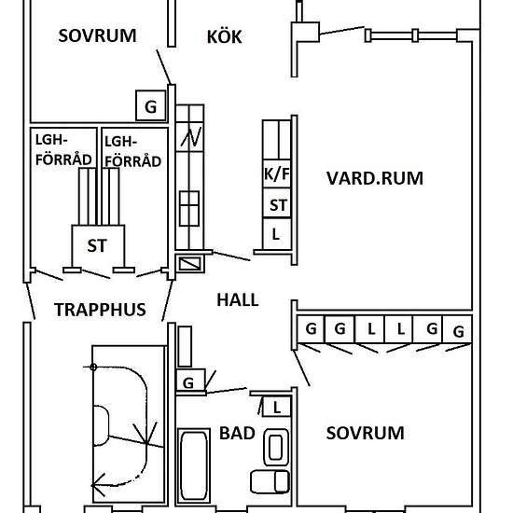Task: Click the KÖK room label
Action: point(224,37)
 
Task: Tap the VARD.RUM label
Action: point(375,177)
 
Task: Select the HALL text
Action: point(237,299)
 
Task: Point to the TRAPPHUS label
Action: point(100,310)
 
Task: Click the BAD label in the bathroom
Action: point(237,433)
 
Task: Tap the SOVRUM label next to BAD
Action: point(366,433)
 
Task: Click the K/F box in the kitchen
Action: point(276,173)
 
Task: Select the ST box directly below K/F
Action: point(277,204)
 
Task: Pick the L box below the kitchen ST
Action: point(276,233)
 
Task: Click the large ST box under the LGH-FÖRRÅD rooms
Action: point(96,247)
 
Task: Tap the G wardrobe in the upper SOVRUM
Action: point(150,105)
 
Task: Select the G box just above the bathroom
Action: point(189,382)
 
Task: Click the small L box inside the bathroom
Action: point(276,406)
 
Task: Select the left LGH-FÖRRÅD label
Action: point(63,151)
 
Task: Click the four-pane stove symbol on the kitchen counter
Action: point(189,203)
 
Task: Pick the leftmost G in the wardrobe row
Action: point(310,329)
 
